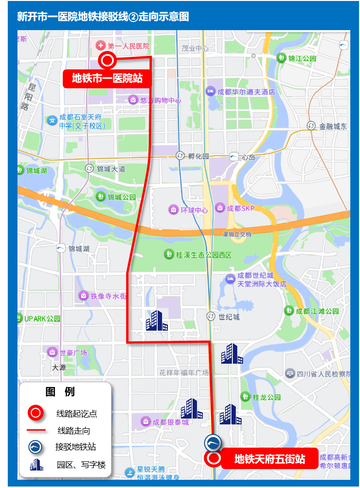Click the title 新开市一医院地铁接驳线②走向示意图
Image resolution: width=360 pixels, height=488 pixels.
tap(103, 17)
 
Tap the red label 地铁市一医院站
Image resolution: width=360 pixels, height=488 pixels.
tap(107, 78)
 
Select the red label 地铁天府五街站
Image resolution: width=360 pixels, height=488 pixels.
tap(270, 459)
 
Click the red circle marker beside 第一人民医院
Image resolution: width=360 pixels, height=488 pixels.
tap(107, 61)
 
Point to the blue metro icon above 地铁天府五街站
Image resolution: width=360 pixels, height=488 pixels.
tap(213, 442)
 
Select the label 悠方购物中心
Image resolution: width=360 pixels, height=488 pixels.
tap(160, 100)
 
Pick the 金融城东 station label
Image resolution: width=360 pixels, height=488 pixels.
tap(333, 126)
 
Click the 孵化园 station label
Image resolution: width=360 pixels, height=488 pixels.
tap(198, 156)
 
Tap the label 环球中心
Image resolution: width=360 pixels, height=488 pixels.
tap(194, 210)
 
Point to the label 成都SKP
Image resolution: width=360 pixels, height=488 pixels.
tap(241, 208)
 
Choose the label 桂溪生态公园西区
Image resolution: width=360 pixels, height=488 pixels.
tap(204, 254)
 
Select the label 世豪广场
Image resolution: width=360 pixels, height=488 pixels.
tap(73, 353)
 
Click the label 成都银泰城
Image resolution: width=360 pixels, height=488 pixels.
tap(170, 422)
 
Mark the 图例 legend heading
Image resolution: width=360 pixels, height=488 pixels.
tap(60, 392)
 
